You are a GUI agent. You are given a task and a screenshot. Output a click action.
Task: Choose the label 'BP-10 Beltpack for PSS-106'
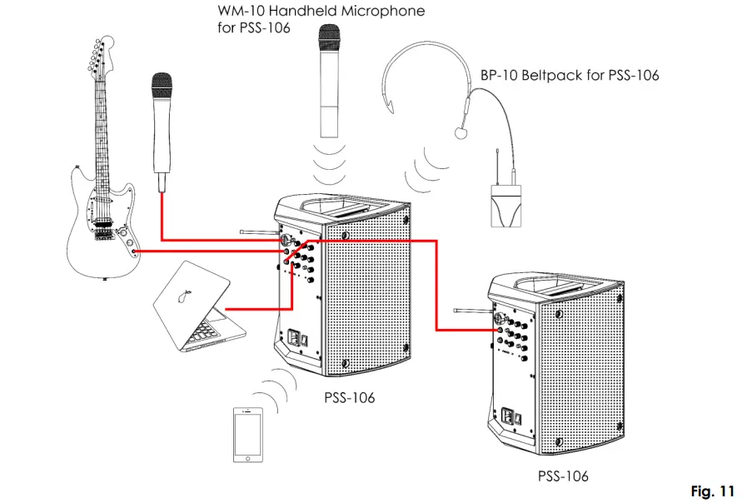(x=570, y=76)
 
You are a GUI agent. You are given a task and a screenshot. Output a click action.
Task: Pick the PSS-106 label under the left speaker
(x=349, y=398)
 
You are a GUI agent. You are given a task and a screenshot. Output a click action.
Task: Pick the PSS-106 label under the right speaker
(x=562, y=476)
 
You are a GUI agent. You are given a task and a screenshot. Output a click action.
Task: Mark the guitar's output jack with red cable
(x=134, y=250)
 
